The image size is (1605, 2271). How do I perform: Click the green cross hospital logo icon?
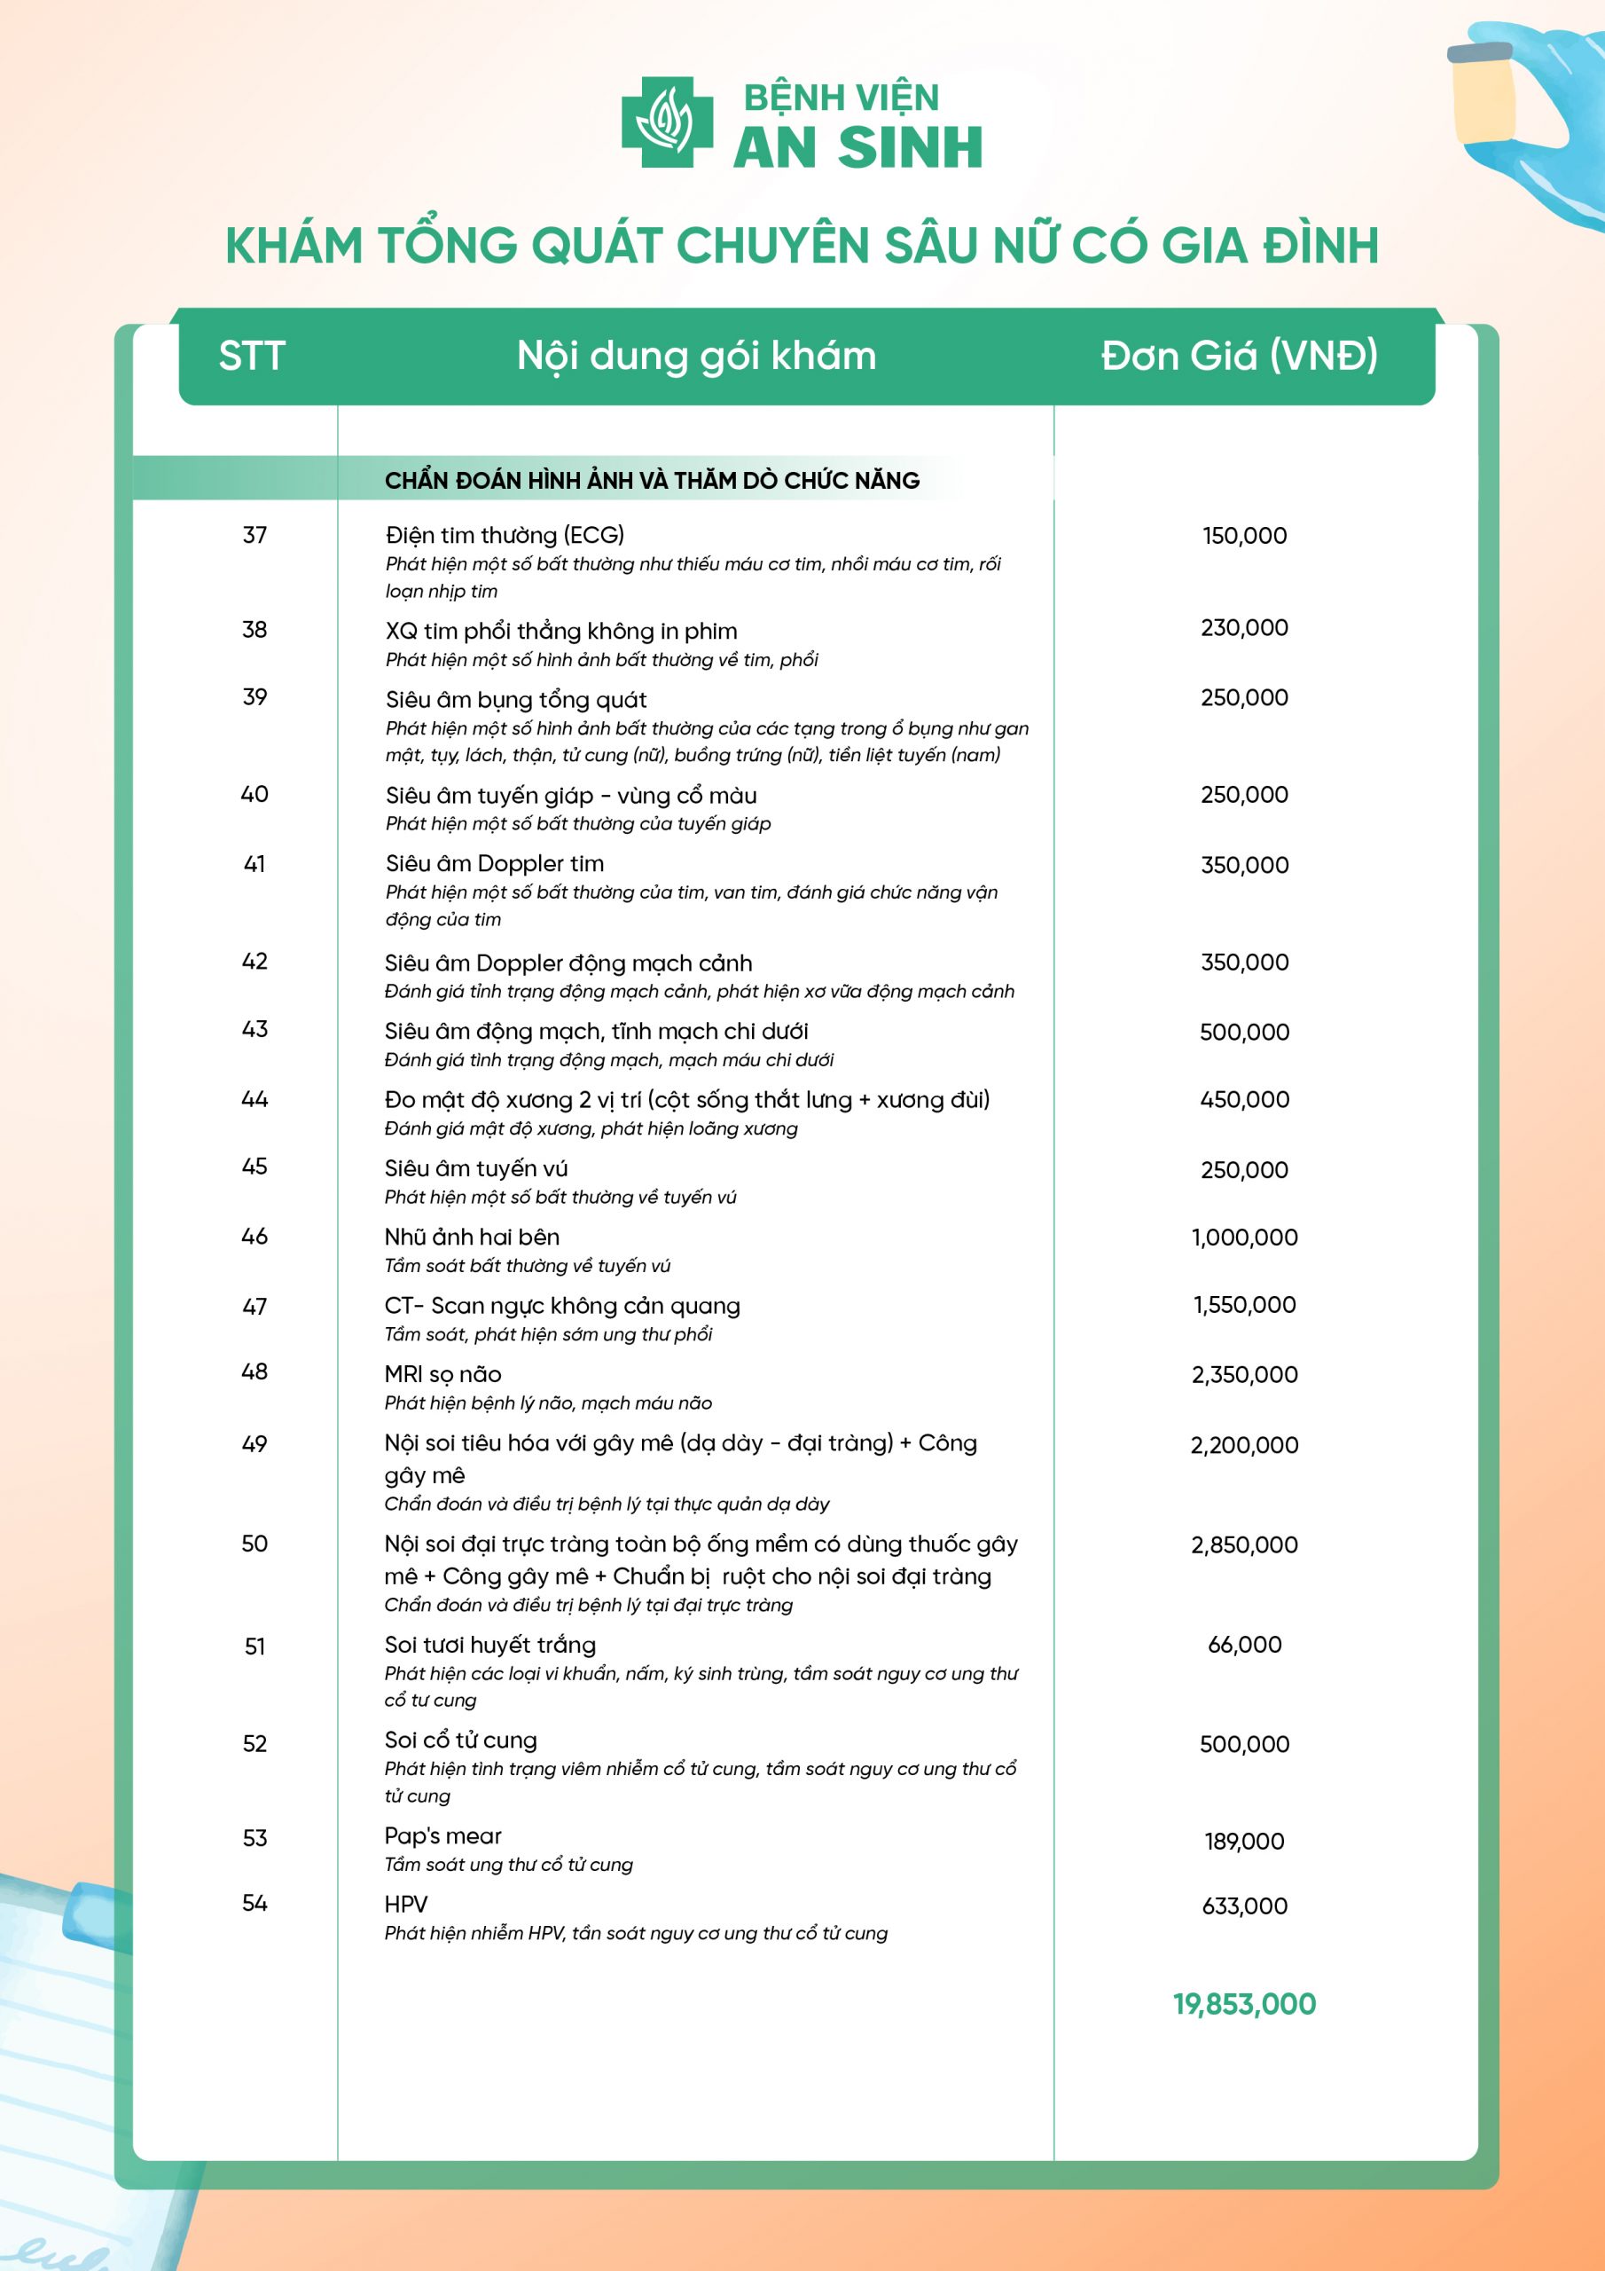coord(667,122)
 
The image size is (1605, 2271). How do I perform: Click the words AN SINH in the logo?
coord(857,148)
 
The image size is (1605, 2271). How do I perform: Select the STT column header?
coord(252,356)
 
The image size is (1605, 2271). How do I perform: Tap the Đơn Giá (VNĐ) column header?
coord(1239,356)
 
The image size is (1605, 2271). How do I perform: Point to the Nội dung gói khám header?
coord(696,356)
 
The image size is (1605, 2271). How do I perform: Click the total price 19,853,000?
coord(1244,2004)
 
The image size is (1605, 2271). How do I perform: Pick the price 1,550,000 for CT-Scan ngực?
coord(1244,1305)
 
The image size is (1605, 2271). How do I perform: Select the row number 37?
coord(255,535)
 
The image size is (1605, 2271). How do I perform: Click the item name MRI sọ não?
coord(443,1374)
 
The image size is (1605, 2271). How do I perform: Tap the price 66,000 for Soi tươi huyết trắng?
coord(1244,1644)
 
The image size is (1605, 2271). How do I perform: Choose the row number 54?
coord(255,1903)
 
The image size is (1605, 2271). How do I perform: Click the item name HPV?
coord(406,1904)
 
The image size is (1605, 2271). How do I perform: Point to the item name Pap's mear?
coord(443,1835)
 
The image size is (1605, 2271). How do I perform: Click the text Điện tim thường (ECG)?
coord(505,535)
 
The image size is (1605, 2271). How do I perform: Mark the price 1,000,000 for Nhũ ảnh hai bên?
coord(1244,1237)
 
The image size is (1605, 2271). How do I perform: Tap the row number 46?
coord(255,1237)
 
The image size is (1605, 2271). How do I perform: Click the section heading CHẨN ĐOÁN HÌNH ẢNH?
coord(652,481)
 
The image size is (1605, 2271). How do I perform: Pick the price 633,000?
coord(1244,1906)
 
